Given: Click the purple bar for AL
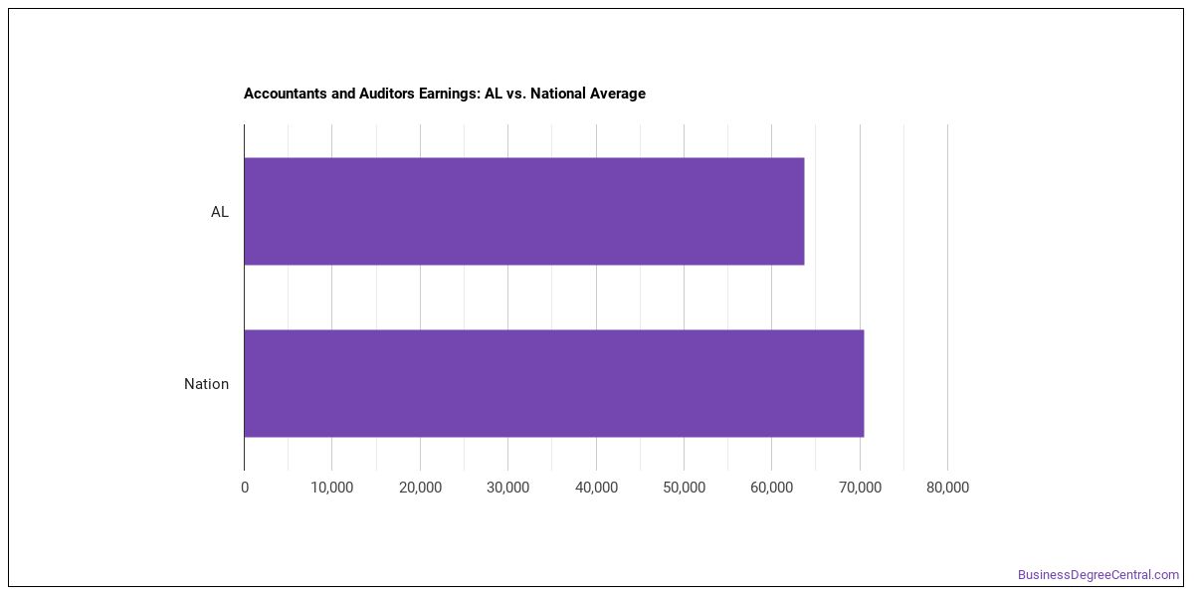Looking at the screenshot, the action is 524,211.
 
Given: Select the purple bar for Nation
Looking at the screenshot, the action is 554,383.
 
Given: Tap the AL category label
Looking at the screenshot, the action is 220,212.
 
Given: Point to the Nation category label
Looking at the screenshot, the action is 206,384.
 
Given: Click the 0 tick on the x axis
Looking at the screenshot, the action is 245,488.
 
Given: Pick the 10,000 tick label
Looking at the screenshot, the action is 332,488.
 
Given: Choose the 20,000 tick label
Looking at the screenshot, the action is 420,488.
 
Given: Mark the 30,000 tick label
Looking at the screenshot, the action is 508,488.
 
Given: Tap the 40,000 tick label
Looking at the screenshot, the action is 596,488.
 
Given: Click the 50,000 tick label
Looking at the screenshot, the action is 684,488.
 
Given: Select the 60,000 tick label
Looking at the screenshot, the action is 771,488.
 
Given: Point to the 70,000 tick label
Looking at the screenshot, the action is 860,488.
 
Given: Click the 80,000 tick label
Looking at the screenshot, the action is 947,488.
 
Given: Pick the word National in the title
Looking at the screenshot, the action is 556,94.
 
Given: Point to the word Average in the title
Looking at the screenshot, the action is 617,94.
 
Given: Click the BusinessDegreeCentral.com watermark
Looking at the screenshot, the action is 1098,575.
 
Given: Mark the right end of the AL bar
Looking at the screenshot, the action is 804,211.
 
